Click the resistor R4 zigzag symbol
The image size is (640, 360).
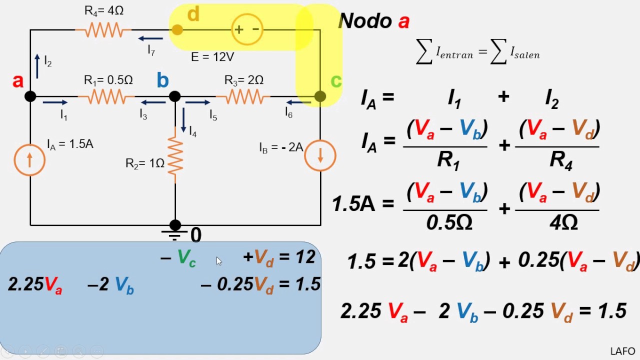(103, 29)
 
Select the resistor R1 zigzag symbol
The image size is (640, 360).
(106, 96)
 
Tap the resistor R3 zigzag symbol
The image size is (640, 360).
(243, 96)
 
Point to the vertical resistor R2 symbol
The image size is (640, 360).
(175, 155)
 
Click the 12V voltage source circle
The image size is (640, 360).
(247, 29)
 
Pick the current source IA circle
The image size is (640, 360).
(29, 160)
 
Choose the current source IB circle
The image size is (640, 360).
(320, 155)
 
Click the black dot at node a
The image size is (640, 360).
(30, 96)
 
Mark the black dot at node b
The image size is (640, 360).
(175, 96)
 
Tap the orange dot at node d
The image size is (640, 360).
(177, 29)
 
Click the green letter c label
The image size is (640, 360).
(336, 81)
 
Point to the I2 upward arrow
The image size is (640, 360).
(37, 66)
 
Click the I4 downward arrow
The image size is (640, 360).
(183, 120)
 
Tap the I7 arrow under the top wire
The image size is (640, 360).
(150, 38)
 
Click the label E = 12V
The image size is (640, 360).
(212, 57)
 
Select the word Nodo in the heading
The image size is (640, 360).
(365, 21)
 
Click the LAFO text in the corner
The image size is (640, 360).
(622, 351)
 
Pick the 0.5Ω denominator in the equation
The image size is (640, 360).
(449, 222)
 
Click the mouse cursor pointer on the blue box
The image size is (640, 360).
(219, 261)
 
